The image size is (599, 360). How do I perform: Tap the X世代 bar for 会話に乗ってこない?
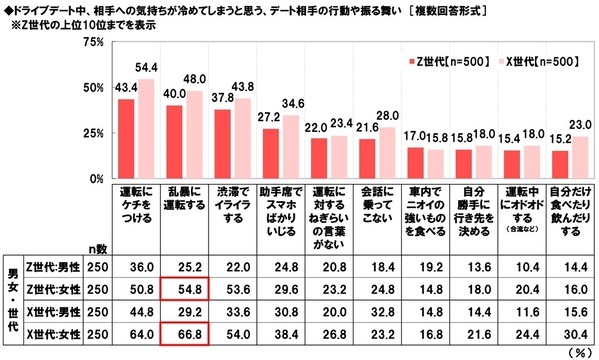pos(387,153)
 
